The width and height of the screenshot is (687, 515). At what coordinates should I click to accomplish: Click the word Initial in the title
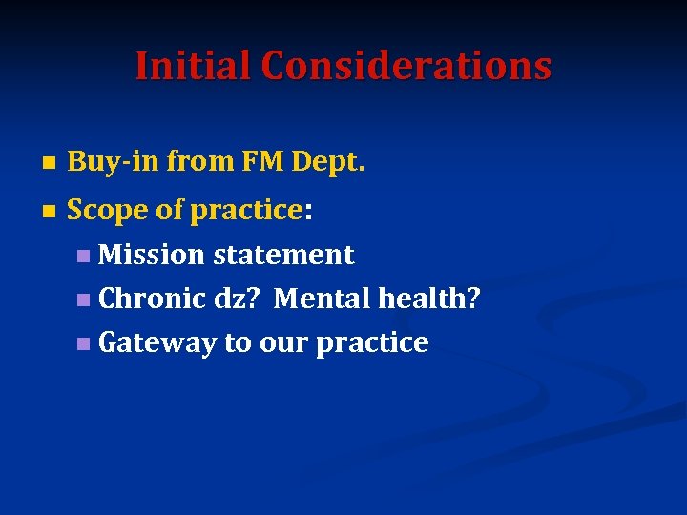(x=193, y=66)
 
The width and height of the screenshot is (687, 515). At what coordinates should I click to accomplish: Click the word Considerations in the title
(x=406, y=66)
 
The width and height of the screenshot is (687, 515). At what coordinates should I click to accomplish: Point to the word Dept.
(x=328, y=164)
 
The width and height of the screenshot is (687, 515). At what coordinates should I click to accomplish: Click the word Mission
(x=152, y=255)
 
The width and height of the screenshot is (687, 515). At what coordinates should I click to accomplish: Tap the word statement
(x=283, y=255)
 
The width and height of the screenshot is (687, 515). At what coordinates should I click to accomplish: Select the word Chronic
(x=153, y=299)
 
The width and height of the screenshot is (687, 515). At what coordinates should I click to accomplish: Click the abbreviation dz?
(x=238, y=299)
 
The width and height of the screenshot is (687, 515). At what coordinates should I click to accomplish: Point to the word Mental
(x=322, y=299)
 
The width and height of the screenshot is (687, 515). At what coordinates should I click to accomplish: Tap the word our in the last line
(x=283, y=343)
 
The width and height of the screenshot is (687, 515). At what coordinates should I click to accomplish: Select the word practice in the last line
(x=372, y=343)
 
